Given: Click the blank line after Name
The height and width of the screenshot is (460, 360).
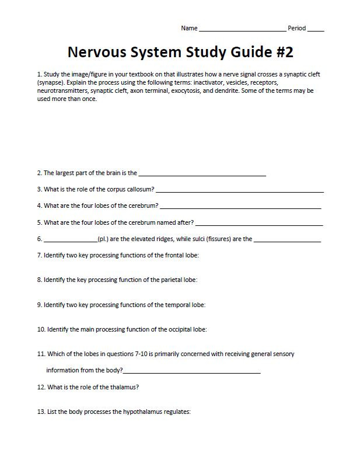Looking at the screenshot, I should (242, 29).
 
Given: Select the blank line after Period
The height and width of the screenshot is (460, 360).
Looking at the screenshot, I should (316, 29).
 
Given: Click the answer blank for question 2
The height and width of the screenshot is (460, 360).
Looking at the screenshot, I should (202, 174).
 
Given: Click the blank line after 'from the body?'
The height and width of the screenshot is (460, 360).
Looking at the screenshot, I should (191, 371).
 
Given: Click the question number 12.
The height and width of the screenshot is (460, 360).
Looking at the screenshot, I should (41, 387).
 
